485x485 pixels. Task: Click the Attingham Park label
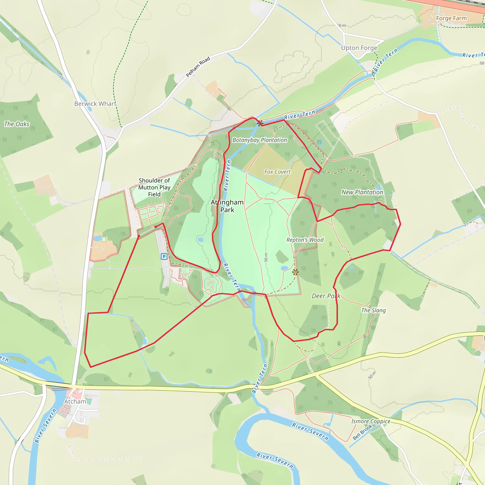pos(227,206)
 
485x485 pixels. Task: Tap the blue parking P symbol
pos(164,256)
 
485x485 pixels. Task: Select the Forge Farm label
pos(451,18)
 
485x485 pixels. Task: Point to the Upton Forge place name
pos(359,48)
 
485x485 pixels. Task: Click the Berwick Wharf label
pos(95,104)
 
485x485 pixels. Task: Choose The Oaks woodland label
pos(17,124)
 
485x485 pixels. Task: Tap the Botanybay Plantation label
pos(260,140)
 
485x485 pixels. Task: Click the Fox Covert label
pos(277,172)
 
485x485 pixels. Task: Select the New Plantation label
pos(362,192)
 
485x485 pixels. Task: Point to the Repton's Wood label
pos(305,240)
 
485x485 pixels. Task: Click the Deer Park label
pos(326,296)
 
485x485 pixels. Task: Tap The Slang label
pos(373,310)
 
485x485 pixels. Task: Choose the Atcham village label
pos(75,401)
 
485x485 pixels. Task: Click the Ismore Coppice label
pos(371,421)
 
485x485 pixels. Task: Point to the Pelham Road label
pos(198,67)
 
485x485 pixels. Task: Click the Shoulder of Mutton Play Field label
pos(154,187)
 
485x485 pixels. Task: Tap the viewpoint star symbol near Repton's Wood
pos(296,272)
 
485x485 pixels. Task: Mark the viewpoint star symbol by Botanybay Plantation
pos(260,123)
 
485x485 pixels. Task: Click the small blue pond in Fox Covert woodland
pos(319,142)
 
